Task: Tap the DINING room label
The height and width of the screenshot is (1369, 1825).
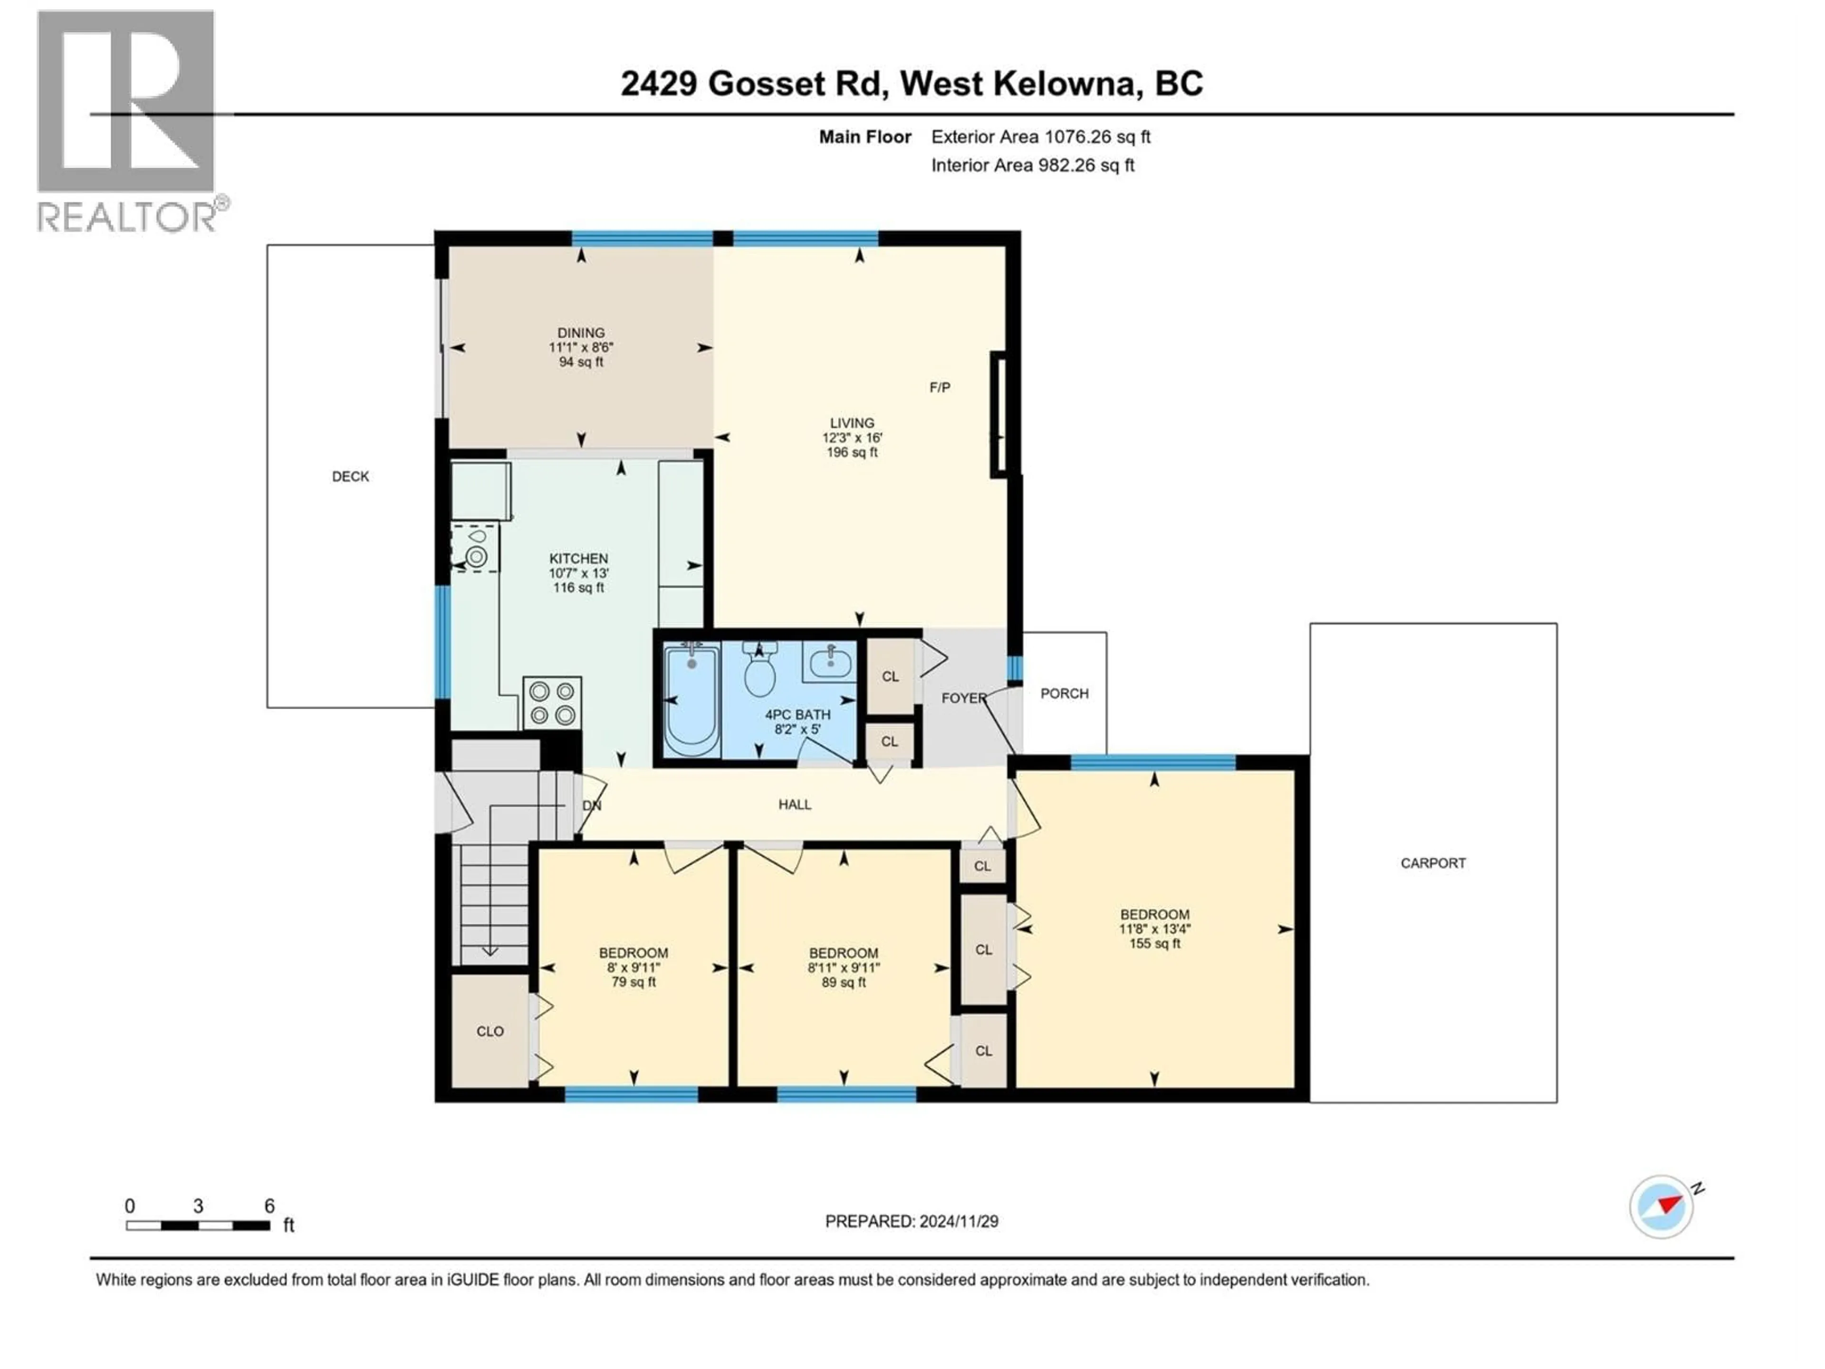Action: point(581,333)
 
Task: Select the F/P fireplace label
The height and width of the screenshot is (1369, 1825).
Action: point(940,387)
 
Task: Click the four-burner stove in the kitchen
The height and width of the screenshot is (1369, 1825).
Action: point(552,703)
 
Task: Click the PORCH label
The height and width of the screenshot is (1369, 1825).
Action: point(1064,693)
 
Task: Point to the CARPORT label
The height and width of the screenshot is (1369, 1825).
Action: point(1433,863)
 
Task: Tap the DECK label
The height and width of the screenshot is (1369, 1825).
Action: point(351,476)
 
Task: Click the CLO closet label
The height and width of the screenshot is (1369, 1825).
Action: point(490,1032)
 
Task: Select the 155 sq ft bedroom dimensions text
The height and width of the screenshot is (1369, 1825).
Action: point(1154,928)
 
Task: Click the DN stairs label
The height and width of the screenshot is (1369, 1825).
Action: point(592,805)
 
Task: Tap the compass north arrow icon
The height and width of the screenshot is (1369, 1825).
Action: point(1662,1206)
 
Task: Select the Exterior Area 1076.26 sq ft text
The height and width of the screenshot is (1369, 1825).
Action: point(1040,137)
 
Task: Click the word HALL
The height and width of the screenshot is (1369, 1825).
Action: point(795,805)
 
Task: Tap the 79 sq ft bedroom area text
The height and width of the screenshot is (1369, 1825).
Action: point(634,982)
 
